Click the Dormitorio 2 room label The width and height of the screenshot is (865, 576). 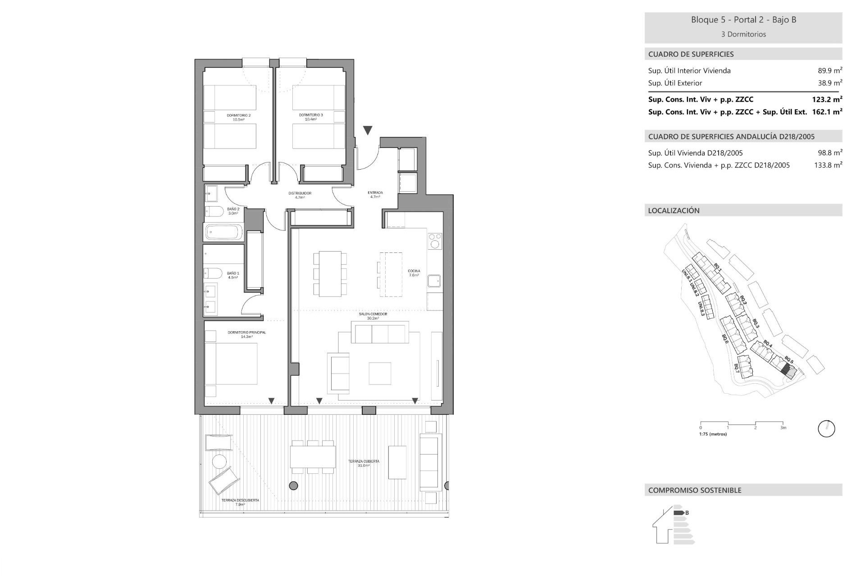pyautogui.click(x=238, y=117)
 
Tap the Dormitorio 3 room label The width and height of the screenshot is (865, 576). pyautogui.click(x=311, y=117)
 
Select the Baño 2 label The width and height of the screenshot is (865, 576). pyautogui.click(x=233, y=211)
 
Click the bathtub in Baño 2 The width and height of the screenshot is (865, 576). pyautogui.click(x=224, y=233)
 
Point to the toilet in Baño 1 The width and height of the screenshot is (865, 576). pyautogui.click(x=214, y=273)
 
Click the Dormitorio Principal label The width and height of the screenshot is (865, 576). pyautogui.click(x=246, y=334)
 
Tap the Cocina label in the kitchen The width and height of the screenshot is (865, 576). pyautogui.click(x=414, y=273)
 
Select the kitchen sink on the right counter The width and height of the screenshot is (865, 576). pyautogui.click(x=434, y=281)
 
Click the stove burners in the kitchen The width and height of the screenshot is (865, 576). pyautogui.click(x=435, y=241)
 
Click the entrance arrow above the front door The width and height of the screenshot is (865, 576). pyautogui.click(x=368, y=130)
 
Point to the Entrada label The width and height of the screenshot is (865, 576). pyautogui.click(x=375, y=194)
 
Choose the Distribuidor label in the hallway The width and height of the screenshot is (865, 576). pyautogui.click(x=300, y=195)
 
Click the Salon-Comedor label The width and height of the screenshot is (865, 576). pyautogui.click(x=373, y=316)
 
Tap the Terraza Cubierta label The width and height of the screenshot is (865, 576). pyautogui.click(x=364, y=463)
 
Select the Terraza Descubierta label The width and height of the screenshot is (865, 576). pyautogui.click(x=240, y=502)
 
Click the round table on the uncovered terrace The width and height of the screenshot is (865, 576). pyautogui.click(x=219, y=461)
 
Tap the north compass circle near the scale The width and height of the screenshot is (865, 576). pyautogui.click(x=826, y=429)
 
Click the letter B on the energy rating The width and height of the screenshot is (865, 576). pyautogui.click(x=687, y=513)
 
